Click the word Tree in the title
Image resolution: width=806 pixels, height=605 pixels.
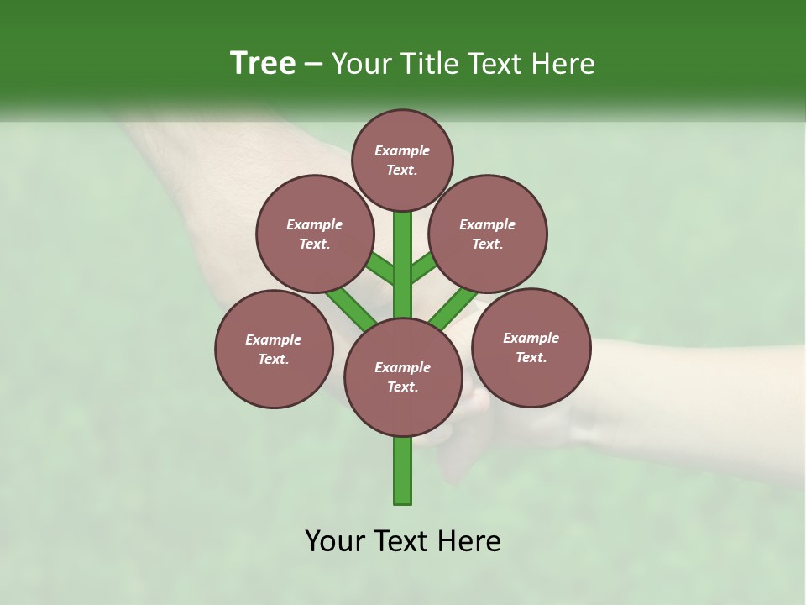coord(263,63)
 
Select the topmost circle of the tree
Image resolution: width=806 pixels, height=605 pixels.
coord(402,160)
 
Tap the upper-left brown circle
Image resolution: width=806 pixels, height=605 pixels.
coord(315,234)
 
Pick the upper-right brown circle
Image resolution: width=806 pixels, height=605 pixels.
coord(488,234)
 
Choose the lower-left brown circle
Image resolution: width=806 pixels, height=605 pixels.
coord(274,349)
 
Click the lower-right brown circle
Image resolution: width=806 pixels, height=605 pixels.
coord(531,347)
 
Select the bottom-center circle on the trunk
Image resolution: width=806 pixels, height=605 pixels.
coord(403,377)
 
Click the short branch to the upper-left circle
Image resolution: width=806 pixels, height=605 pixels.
coord(380,268)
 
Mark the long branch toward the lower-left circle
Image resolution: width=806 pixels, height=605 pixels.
coord(351,307)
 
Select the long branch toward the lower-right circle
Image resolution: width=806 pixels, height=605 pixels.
coord(452,308)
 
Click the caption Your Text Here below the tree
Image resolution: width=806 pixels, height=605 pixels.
coord(403,541)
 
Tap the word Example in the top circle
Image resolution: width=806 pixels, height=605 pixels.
coord(402,150)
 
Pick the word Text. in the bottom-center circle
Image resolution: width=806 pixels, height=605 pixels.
coord(402,387)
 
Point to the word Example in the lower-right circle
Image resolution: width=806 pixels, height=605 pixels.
coord(531,338)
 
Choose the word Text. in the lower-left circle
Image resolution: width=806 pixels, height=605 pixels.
coord(273,360)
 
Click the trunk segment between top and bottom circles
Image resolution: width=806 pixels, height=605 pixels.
coord(403,260)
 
